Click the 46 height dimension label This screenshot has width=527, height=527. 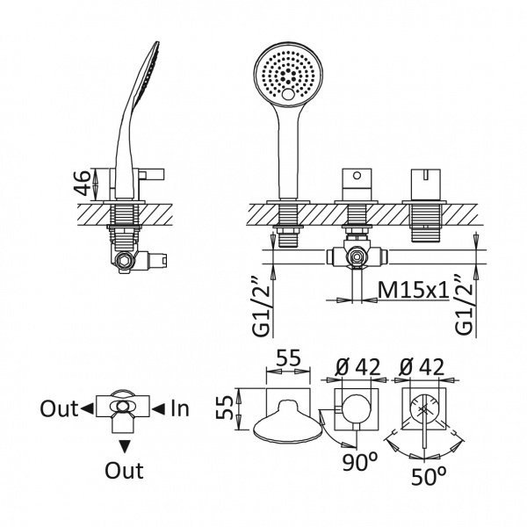[83, 184]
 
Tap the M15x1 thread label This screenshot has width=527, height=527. [413, 289]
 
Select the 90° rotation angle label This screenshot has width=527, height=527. [360, 463]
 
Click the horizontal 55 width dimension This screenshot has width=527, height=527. [288, 357]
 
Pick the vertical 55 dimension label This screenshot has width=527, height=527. [224, 408]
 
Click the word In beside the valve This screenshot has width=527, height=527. [180, 408]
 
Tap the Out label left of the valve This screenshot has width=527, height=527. [59, 408]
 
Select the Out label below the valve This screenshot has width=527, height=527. [124, 470]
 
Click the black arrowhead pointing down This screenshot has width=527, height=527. [125, 448]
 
